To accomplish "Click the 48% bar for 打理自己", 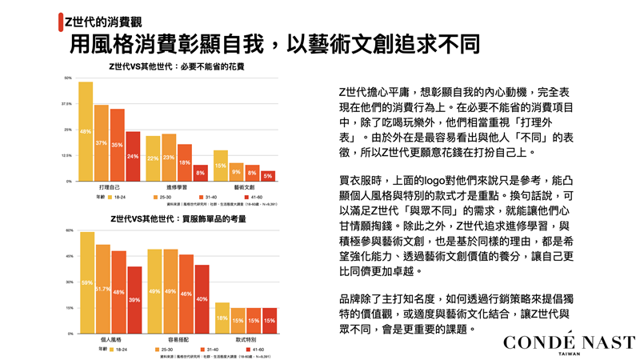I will coord(86,131).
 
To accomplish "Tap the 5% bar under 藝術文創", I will coord(267,175).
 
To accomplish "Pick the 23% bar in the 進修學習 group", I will coord(169,158).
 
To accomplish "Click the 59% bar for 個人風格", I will coord(87,282).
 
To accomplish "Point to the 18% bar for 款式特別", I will coord(222,318).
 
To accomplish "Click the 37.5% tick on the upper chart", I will coord(67,104).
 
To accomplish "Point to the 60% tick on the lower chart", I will coord(69,230).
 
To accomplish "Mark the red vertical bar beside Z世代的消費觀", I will coord(62,18).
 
